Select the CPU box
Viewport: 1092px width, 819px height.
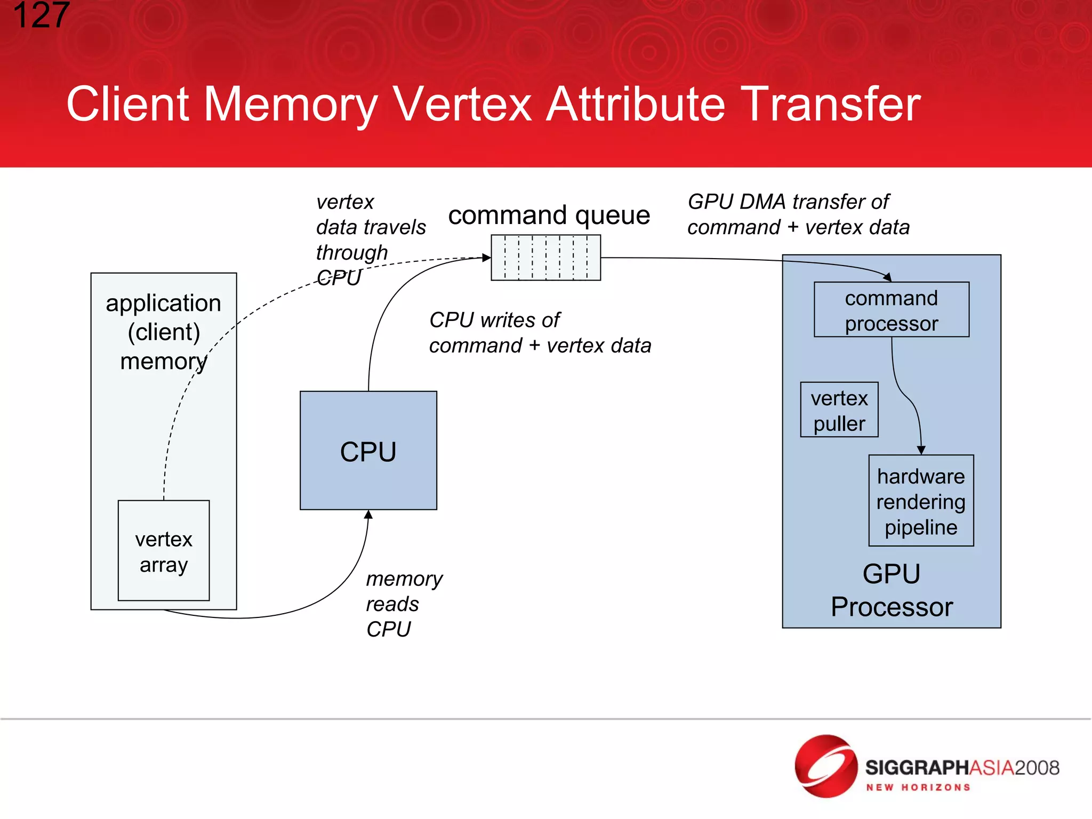click(368, 451)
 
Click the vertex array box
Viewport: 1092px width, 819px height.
click(164, 551)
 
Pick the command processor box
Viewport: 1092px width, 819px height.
click(891, 310)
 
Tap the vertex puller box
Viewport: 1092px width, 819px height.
click(839, 410)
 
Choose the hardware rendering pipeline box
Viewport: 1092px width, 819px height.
click(921, 501)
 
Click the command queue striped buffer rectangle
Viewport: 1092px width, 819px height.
click(545, 258)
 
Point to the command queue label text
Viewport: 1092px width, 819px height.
click(549, 215)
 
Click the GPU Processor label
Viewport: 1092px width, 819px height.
click(892, 590)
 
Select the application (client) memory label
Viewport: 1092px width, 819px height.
click(164, 331)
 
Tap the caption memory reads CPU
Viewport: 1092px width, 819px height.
click(404, 604)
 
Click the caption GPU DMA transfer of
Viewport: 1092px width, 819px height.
click(788, 202)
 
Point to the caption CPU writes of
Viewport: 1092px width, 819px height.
click(494, 320)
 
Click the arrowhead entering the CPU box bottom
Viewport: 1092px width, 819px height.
click(368, 515)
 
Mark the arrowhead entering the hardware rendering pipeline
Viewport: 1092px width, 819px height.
click(921, 450)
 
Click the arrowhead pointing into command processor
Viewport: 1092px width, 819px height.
click(887, 277)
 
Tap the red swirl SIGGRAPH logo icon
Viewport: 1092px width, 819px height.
click(825, 766)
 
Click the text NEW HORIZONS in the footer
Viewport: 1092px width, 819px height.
click(918, 788)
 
